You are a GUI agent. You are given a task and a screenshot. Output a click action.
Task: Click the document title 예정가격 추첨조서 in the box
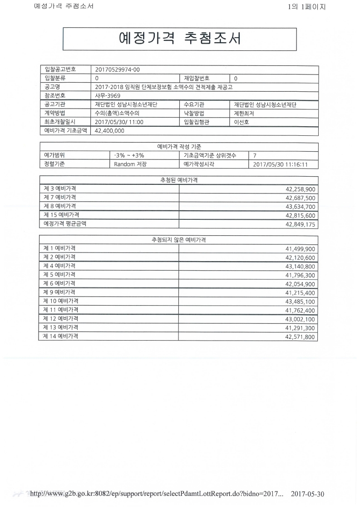179,39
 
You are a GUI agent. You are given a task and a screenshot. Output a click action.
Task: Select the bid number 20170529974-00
118,69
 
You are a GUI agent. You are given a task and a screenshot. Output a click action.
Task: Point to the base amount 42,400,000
109,131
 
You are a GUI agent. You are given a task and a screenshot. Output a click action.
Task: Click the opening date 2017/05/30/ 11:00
119,122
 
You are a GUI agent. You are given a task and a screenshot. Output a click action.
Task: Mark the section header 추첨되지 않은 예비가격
178,239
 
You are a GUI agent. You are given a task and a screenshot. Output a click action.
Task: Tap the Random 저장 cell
130,164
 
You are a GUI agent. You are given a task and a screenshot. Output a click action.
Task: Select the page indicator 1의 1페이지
306,7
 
